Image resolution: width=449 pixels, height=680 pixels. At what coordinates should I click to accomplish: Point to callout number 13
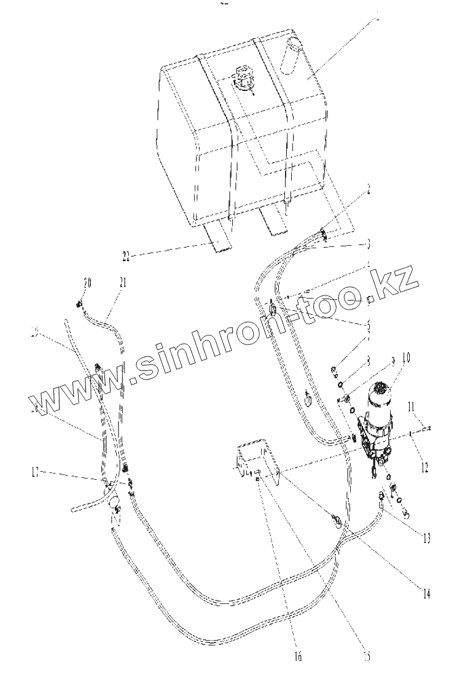click(x=424, y=537)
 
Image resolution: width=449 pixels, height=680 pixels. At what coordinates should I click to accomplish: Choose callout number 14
click(x=424, y=593)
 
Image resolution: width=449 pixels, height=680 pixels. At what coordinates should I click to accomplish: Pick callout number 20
click(x=87, y=282)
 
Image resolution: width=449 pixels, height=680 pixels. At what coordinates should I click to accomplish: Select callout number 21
click(x=123, y=282)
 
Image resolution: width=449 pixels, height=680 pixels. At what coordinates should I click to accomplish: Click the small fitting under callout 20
click(x=79, y=303)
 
